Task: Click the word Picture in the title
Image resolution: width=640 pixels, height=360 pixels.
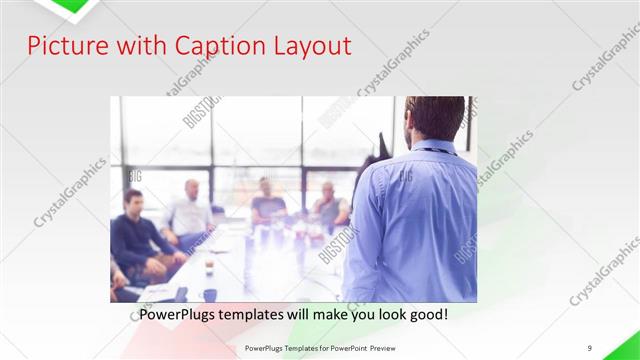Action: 62,46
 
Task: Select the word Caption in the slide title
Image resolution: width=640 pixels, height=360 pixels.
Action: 209,46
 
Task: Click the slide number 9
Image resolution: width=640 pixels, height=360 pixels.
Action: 590,347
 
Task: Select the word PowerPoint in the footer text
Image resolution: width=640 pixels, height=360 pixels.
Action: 345,347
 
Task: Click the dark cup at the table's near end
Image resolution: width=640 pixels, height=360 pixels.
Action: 210,294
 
